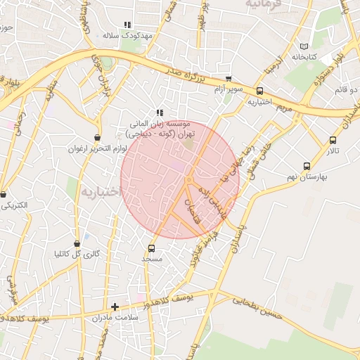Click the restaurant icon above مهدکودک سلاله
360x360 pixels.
pos(127,25)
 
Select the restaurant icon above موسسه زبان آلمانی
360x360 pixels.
pos(160,112)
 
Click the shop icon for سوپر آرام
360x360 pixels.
pos(229,79)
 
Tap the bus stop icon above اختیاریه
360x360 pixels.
pos(260,91)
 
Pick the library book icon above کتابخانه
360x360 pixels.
pos(304,46)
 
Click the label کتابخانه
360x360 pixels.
pos(304,56)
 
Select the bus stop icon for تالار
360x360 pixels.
pos(333,140)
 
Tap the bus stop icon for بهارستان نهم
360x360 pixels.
pos(307,166)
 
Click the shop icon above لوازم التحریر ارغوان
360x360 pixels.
pos(97,137)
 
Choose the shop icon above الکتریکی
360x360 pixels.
pos(3,194)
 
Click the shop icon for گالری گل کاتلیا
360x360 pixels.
pos(77,243)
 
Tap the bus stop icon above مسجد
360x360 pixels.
pos(151,248)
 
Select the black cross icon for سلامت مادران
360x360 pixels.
pos(115,307)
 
